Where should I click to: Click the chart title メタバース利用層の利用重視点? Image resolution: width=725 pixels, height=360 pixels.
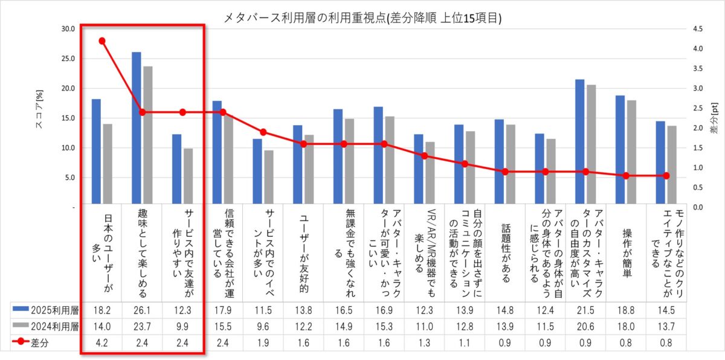(362, 18)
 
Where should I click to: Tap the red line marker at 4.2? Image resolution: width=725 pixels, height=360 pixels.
(102, 41)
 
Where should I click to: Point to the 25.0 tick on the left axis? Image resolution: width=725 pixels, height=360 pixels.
(67, 59)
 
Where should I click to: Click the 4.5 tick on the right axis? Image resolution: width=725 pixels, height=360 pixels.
(699, 28)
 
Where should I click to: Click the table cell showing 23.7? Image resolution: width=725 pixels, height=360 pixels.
(142, 326)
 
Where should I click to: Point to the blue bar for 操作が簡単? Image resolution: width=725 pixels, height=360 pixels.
(620, 151)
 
